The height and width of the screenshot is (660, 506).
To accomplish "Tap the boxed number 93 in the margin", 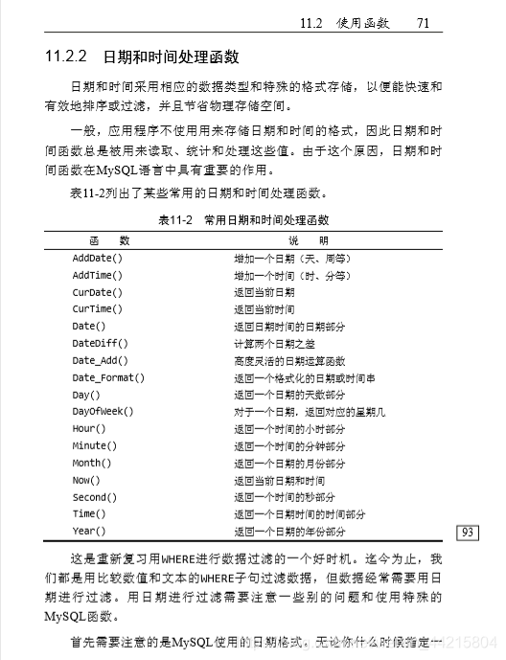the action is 469,533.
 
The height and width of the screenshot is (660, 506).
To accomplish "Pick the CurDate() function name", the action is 98,292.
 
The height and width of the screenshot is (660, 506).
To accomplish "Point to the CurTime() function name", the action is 98,309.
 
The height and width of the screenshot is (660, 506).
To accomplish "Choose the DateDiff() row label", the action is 101,344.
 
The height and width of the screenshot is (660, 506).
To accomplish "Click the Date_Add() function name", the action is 101,361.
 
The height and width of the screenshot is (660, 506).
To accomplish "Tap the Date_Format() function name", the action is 108,378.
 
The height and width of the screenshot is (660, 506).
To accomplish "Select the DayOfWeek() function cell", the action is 103,412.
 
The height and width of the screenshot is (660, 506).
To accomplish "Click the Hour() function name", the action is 89,429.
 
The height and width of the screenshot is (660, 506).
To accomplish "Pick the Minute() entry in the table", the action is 95,446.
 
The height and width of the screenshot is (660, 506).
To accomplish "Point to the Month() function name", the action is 92,464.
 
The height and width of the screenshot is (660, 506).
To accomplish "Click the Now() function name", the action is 86,481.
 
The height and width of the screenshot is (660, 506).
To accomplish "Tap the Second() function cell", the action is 95,497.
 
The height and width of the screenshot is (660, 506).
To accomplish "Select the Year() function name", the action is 89,532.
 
